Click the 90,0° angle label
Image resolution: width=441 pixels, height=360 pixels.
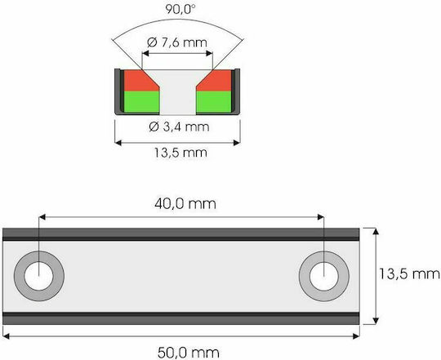pyautogui.click(x=180, y=9)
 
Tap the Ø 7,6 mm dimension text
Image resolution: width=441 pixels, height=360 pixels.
pyautogui.click(x=177, y=42)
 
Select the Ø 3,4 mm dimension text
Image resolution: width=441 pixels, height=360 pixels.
pyautogui.click(x=179, y=127)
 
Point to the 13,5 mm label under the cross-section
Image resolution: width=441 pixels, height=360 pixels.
pyautogui.click(x=180, y=153)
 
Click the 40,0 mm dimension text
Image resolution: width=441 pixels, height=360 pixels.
pyautogui.click(x=185, y=204)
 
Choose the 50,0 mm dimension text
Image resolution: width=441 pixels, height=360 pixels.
pyautogui.click(x=189, y=353)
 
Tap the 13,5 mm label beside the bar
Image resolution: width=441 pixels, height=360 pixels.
pyautogui.click(x=409, y=273)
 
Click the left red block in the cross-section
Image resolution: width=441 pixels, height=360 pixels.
pyautogui.click(x=140, y=80)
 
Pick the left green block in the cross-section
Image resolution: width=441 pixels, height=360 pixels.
pyautogui.click(x=142, y=102)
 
